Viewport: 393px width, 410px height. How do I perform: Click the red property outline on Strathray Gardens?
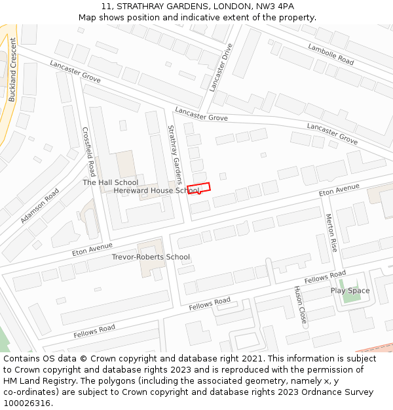click(x=198, y=188)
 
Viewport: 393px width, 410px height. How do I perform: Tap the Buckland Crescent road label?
click(x=12, y=70)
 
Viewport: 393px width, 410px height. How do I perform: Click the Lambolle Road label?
click(x=331, y=53)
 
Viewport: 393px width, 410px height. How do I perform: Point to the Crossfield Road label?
click(x=89, y=152)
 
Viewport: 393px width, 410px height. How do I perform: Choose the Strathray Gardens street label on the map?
click(x=175, y=155)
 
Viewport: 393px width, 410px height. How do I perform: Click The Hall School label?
click(x=110, y=182)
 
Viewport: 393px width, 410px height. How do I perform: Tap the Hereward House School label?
click(x=156, y=191)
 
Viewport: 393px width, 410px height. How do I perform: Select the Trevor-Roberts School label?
click(x=151, y=257)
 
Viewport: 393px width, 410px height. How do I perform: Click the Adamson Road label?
click(x=39, y=205)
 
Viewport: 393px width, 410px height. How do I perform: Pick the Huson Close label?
click(x=300, y=306)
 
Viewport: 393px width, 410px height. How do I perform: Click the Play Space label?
click(x=350, y=291)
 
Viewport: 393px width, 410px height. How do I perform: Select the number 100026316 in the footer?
click(x=28, y=403)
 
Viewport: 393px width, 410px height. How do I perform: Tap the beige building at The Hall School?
click(x=125, y=164)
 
